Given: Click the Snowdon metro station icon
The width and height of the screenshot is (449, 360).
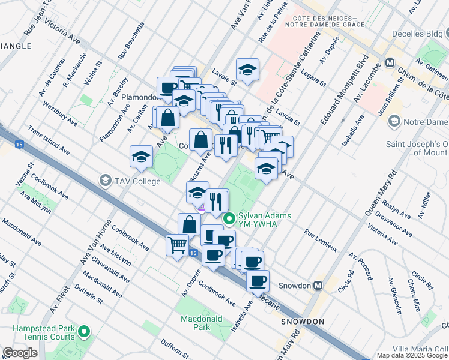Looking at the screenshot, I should [318, 286].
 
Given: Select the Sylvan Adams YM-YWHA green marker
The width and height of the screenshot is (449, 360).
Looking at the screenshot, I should [229, 220].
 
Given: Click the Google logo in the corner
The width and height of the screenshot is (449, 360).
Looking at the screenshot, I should [20, 353].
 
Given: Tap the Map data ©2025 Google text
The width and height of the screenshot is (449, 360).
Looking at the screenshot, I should [412, 355].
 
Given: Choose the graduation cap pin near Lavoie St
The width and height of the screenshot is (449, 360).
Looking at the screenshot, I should [247, 71].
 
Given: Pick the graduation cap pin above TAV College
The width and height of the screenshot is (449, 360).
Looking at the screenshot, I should [141, 157].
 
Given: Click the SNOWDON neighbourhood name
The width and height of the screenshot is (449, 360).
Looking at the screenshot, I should [302, 322].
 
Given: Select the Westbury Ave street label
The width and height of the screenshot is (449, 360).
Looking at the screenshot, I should [60, 113].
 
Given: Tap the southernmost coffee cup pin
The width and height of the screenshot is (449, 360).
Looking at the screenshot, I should [258, 281].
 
